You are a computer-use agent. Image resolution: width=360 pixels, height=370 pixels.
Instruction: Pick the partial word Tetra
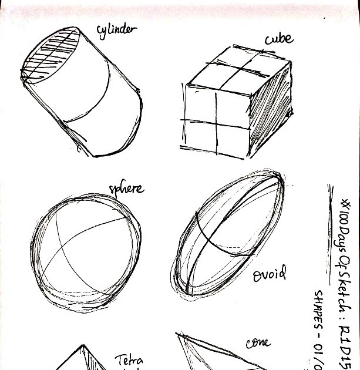click(x=129, y=359)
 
